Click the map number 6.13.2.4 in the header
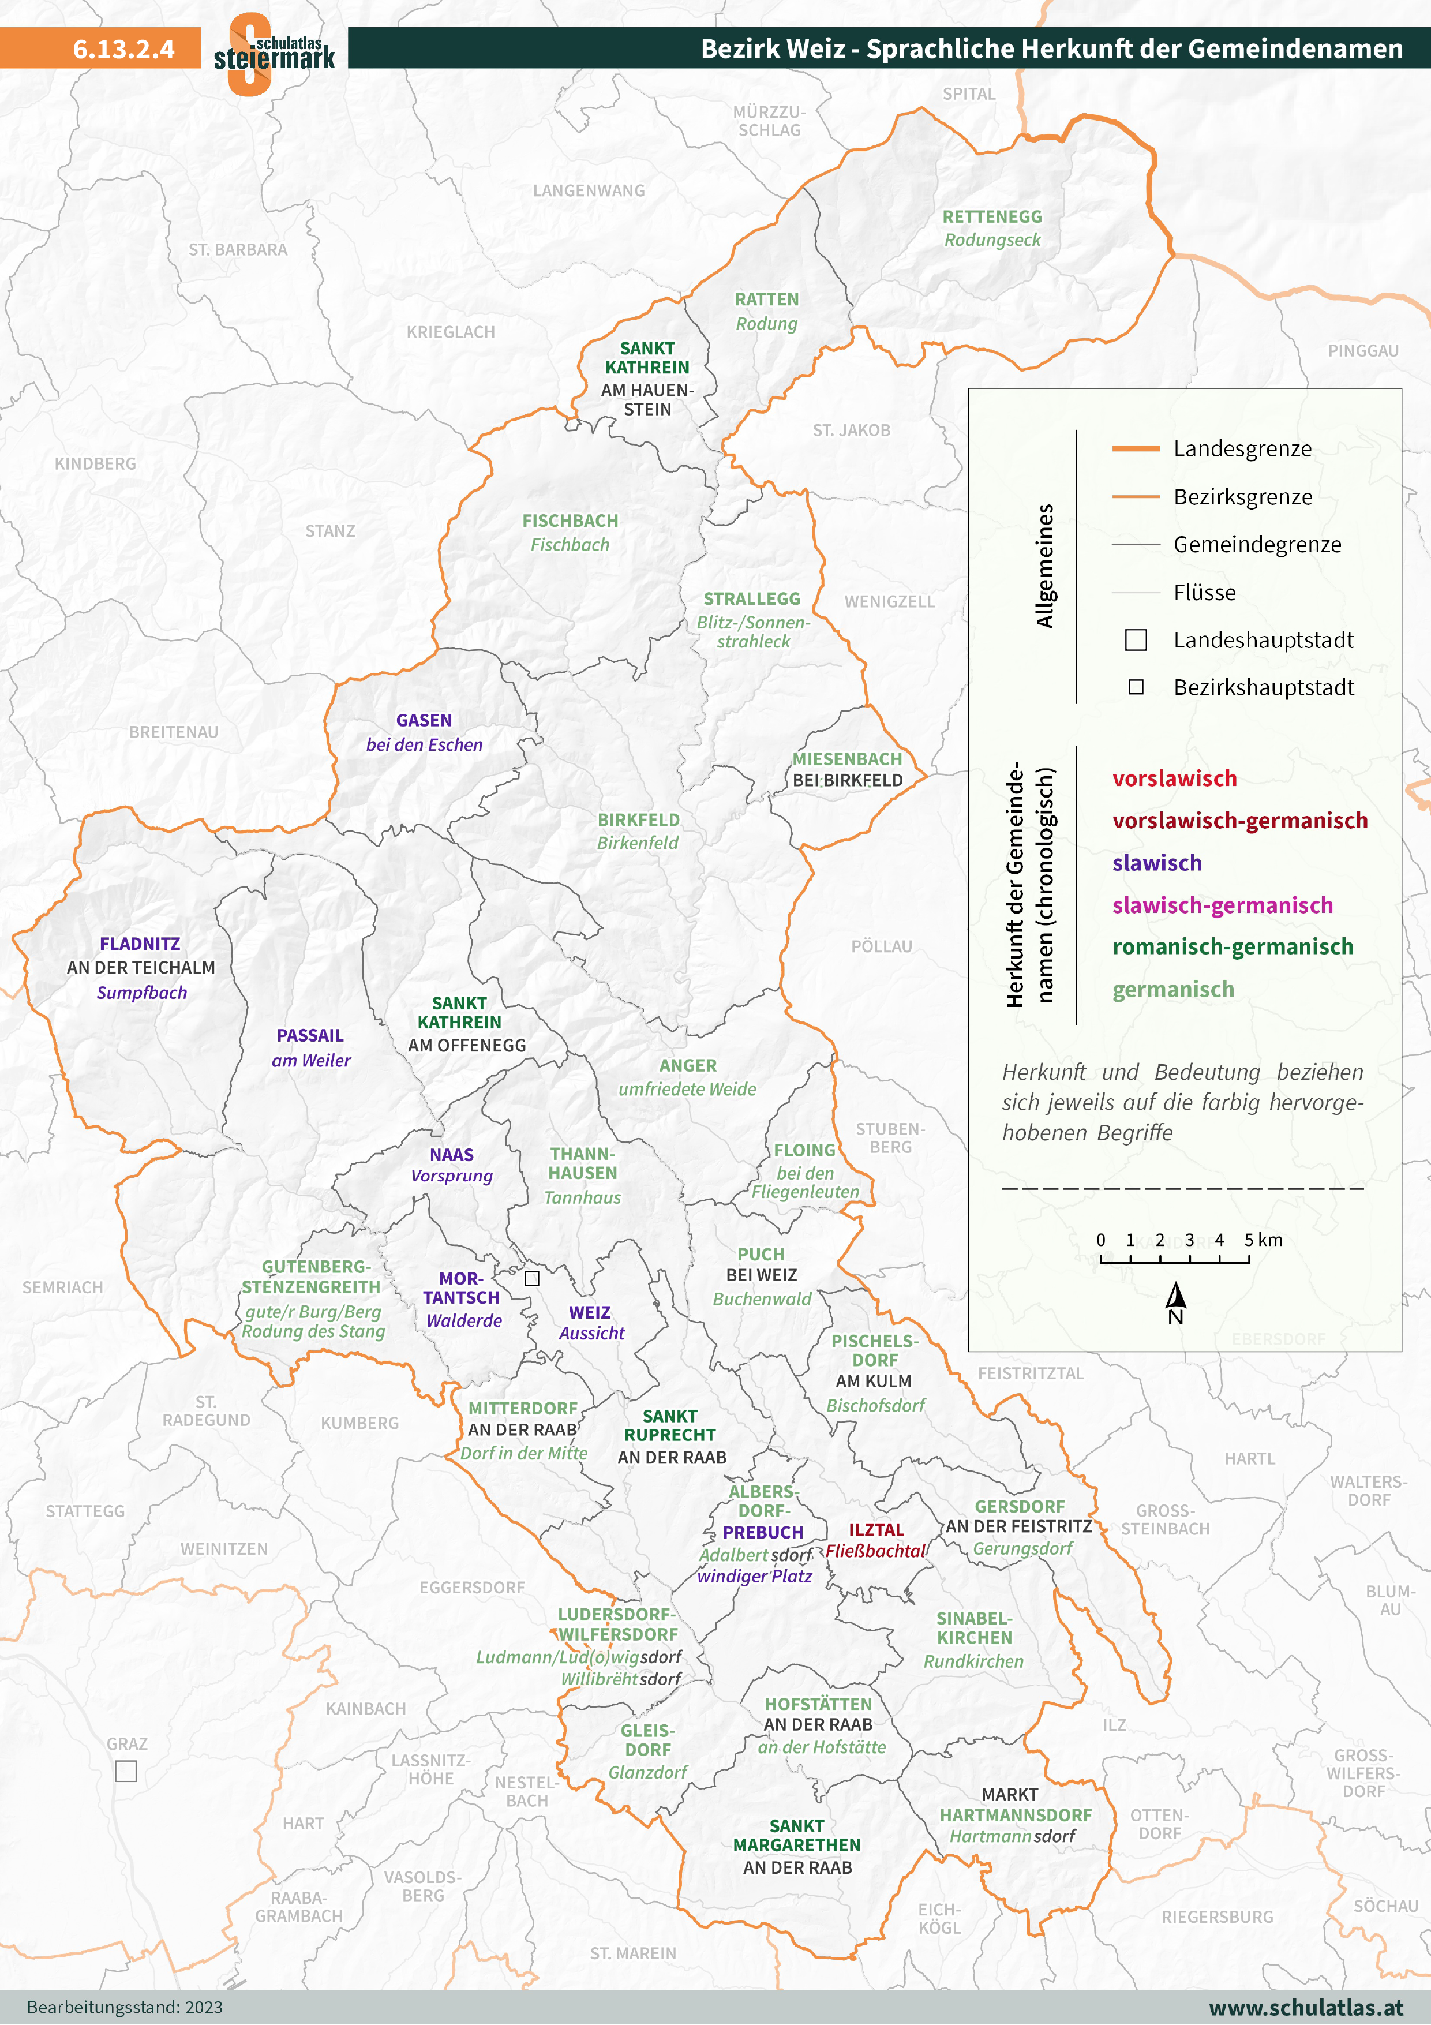pyautogui.click(x=123, y=48)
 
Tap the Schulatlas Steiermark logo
pyautogui.click(x=274, y=53)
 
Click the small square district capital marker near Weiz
pyautogui.click(x=531, y=1278)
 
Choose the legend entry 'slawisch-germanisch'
pyautogui.click(x=1222, y=905)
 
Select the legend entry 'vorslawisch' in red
pyautogui.click(x=1174, y=778)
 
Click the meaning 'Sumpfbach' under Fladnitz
pyautogui.click(x=142, y=992)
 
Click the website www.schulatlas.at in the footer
pyautogui.click(x=1305, y=2007)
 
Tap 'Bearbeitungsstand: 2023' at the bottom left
pyautogui.click(x=124, y=2007)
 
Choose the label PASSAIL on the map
pyautogui.click(x=309, y=1035)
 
